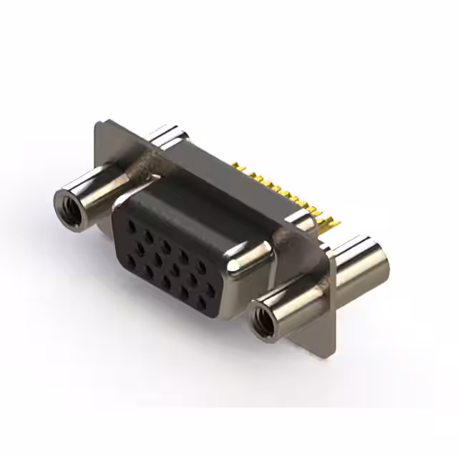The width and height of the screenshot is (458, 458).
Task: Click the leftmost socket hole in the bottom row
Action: pos(131,260)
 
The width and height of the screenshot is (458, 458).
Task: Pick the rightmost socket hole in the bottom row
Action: pos(201,304)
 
